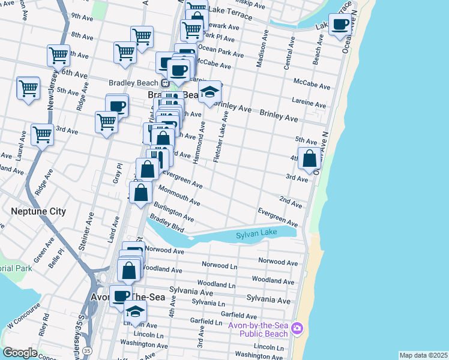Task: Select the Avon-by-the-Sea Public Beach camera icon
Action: [297, 328]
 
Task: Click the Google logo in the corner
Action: [20, 353]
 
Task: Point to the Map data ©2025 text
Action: [423, 355]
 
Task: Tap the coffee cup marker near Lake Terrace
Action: [340, 25]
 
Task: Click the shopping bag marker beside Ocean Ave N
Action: [309, 159]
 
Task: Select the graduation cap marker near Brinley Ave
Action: [209, 92]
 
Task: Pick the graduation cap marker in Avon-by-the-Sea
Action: [135, 311]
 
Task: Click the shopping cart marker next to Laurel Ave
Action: [42, 135]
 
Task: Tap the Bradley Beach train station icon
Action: [164, 83]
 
